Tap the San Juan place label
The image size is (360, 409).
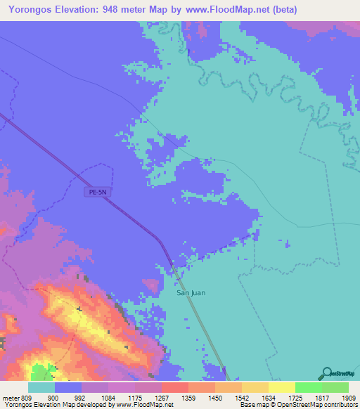point(191,292)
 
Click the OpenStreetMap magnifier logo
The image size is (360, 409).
point(326,374)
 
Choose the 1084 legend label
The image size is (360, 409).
point(108,398)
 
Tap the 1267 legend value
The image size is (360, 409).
point(162,398)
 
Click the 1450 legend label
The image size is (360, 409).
point(214,398)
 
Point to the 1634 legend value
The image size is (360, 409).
point(268,398)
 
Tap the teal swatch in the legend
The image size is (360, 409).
point(41,387)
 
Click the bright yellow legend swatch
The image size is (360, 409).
point(281,387)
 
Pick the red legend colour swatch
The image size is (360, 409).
point(174,387)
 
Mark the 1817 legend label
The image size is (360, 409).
point(321,398)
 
